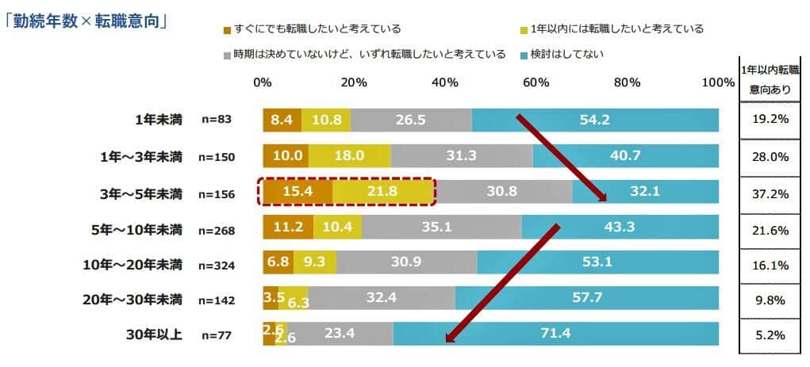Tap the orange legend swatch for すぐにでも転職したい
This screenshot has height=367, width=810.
click(228, 30)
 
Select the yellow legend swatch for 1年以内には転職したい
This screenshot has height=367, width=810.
click(522, 30)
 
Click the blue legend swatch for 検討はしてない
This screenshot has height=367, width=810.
click(522, 55)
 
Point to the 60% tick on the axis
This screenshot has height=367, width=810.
click(536, 82)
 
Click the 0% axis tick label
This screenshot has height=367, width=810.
click(263, 82)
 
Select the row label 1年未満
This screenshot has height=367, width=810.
click(158, 120)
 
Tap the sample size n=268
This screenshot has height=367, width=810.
click(215, 230)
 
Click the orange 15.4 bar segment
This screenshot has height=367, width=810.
click(298, 193)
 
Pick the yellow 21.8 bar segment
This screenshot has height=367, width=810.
click(383, 193)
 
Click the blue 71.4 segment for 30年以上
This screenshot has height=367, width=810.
click(555, 334)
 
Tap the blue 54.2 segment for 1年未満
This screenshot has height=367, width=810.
click(595, 120)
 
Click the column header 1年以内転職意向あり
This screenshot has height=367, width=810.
click(769, 80)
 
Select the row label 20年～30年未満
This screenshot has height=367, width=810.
click(132, 299)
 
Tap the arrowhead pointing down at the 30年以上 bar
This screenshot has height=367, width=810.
click(451, 337)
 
